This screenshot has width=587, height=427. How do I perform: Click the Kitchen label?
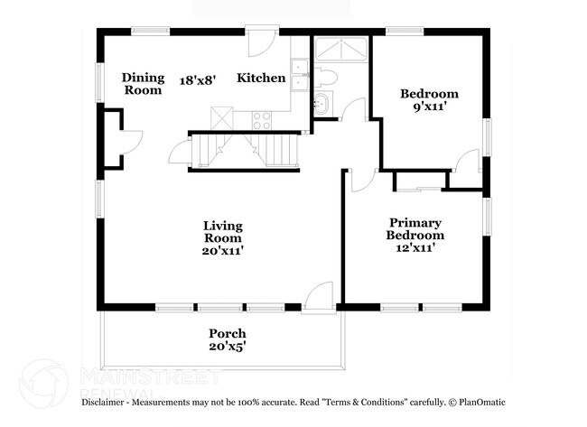(261, 79)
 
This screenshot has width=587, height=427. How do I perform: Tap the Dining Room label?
(142, 83)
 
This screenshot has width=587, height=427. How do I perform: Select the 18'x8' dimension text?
(198, 79)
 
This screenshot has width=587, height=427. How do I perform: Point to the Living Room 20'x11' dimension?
(222, 251)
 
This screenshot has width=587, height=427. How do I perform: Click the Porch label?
(227, 333)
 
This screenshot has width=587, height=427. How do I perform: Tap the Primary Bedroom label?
(415, 228)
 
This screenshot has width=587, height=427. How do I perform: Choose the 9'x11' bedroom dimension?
(429, 106)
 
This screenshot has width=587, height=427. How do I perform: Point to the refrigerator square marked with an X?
(220, 118)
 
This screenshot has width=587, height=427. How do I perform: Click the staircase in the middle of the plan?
(243, 149)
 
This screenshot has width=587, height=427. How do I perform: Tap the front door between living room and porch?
(317, 297)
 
